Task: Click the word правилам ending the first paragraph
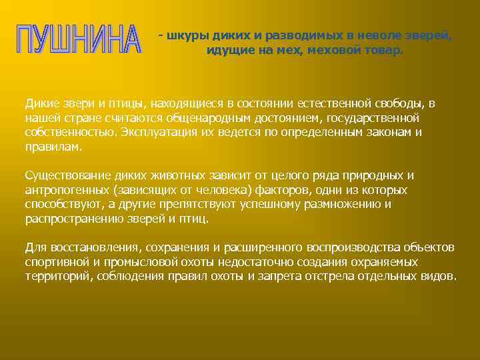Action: coord(53,146)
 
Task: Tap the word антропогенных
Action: coord(63,189)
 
